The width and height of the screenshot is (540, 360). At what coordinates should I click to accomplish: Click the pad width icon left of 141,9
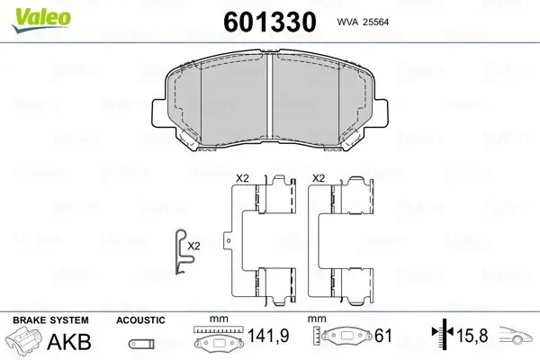tap(218, 341)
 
